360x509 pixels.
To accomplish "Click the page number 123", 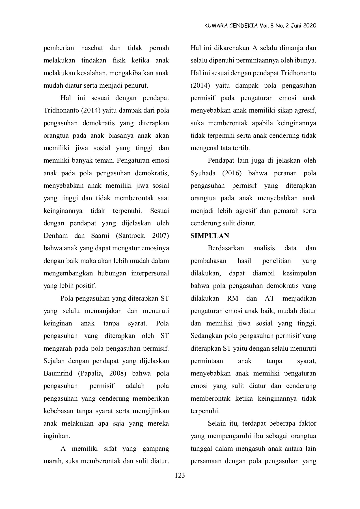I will tap(180, 475).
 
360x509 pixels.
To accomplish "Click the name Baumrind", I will tap(58, 374).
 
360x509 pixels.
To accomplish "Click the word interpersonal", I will tap(150, 273).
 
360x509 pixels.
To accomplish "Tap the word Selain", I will tap(217, 424).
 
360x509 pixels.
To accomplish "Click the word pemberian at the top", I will tap(59, 48).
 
